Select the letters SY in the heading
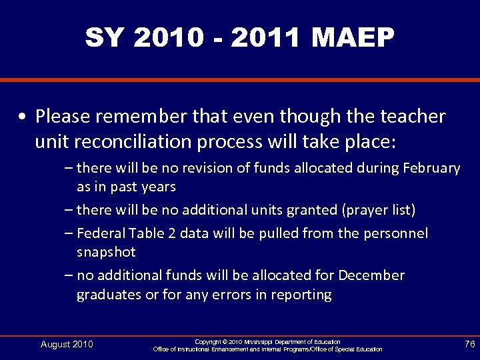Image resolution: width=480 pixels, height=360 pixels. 105,39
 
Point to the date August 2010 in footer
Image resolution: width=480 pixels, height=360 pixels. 67,344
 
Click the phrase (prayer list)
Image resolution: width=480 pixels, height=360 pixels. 378,210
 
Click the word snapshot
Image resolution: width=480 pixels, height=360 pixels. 106,252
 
